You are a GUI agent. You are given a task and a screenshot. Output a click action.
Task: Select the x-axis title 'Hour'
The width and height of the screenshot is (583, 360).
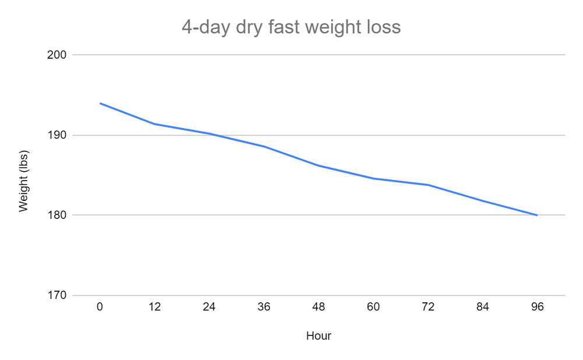click(x=318, y=336)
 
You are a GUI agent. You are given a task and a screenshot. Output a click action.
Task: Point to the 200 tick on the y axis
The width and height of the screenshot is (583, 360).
click(x=60, y=55)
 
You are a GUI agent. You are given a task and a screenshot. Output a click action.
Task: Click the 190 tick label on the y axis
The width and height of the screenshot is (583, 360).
click(x=60, y=135)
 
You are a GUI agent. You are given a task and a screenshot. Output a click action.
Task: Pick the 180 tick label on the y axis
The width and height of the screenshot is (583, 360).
click(x=60, y=216)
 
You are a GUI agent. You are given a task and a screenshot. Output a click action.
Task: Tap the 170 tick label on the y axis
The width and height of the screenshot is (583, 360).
click(x=60, y=295)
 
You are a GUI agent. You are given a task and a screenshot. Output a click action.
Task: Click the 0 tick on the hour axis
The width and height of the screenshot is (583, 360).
click(x=100, y=307)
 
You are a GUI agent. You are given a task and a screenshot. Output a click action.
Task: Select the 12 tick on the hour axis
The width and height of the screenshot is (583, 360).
click(x=154, y=307)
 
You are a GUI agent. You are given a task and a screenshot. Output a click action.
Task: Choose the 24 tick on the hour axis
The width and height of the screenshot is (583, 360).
click(x=209, y=307)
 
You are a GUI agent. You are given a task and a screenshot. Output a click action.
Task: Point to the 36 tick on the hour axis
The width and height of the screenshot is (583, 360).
click(x=264, y=307)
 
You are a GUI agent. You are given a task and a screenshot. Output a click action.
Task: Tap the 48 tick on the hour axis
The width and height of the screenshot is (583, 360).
click(x=318, y=307)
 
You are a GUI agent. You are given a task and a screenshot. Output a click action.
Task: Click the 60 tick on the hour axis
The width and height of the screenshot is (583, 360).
click(x=373, y=307)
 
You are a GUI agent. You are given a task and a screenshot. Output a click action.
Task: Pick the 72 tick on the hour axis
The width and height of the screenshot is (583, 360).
click(x=428, y=307)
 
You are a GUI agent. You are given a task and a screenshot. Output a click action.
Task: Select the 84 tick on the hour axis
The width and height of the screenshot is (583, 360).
click(x=482, y=307)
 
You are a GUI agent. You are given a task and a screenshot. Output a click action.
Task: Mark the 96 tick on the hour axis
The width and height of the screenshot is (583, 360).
click(x=537, y=307)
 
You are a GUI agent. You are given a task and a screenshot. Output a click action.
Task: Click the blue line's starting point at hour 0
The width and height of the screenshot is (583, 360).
click(x=100, y=103)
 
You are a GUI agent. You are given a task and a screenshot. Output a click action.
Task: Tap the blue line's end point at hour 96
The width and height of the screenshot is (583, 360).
click(x=537, y=216)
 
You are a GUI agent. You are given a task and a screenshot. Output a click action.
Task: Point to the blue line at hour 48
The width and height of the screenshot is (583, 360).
click(x=318, y=165)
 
